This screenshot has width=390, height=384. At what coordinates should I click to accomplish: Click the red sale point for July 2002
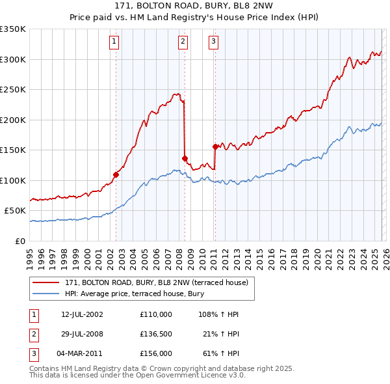[x=116, y=174]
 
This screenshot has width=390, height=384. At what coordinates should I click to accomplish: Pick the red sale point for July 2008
[x=185, y=158]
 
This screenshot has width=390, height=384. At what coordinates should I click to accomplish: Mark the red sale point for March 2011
[x=215, y=146]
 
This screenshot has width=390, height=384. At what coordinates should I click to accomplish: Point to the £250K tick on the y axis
[x=13, y=90]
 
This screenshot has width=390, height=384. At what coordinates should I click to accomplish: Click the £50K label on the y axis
[x=16, y=211]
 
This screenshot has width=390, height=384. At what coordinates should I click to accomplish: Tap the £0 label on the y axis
[x=21, y=241]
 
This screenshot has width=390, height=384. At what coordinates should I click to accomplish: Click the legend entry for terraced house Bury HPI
[x=134, y=294]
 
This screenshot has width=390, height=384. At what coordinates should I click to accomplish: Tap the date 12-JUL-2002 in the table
[x=82, y=314]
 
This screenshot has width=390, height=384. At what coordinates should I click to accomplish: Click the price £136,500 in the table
[x=156, y=334]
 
